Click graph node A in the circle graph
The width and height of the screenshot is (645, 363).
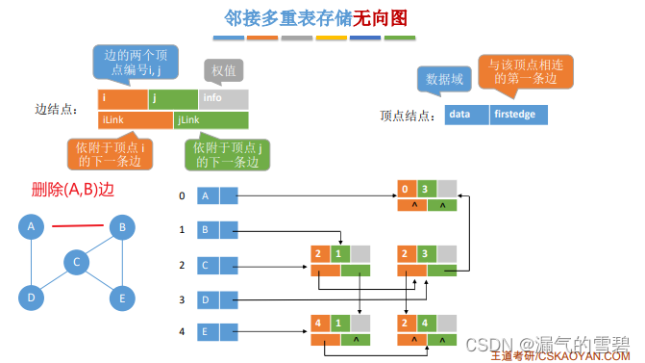(32, 227)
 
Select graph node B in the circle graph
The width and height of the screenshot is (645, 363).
(120, 227)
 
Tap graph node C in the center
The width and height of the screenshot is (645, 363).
(77, 262)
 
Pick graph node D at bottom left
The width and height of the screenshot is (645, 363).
(32, 298)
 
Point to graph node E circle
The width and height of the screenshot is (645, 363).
(120, 298)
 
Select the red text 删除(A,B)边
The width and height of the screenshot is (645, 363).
(72, 190)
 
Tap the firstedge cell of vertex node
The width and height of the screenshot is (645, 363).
(518, 114)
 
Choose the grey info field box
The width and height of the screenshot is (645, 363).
(223, 98)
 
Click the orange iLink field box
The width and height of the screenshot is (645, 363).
(135, 120)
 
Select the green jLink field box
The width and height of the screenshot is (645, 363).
(211, 120)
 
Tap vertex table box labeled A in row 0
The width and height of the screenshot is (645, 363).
(209, 196)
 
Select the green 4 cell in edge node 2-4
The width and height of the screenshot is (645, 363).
(427, 325)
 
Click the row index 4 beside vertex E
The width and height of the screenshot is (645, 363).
(183, 333)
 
